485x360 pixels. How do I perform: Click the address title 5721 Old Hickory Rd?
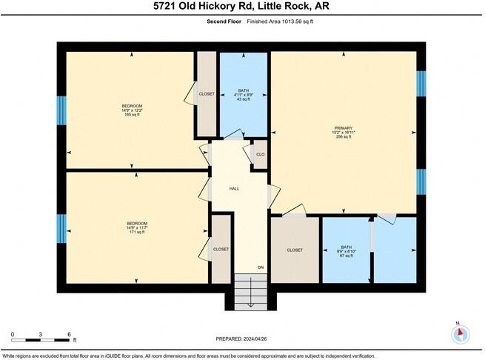[242, 7]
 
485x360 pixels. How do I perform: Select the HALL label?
[234, 189]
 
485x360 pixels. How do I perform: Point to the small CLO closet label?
[260, 154]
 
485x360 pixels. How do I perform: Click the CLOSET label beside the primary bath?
[294, 250]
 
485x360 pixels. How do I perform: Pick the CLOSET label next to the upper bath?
[206, 94]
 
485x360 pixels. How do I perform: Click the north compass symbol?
[461, 333]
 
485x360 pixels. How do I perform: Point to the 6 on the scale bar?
[69, 333]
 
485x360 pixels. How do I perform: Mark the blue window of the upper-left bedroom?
[62, 110]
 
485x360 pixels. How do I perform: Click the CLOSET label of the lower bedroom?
[221, 249]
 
